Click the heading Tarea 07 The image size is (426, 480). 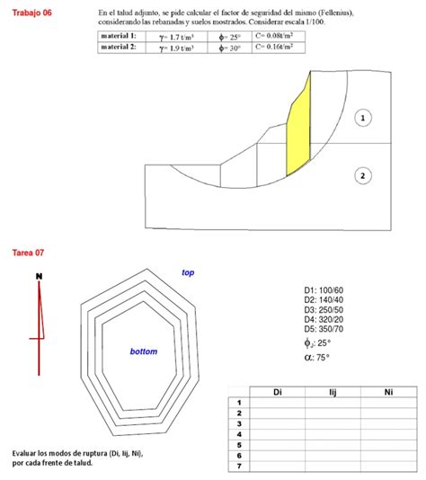27,253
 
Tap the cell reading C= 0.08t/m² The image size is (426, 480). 273,37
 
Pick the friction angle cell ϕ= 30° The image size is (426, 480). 229,49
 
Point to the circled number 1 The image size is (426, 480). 363,118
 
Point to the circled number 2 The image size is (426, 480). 363,175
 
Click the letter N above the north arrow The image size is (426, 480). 39,275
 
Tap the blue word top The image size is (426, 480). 188,272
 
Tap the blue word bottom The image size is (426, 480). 144,351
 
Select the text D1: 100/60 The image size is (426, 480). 324,289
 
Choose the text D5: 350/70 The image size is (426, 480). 324,329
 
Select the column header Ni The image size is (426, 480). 387,392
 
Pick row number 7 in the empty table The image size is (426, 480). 239,466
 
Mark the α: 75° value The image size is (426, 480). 317,357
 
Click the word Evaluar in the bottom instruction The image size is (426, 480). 29,453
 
